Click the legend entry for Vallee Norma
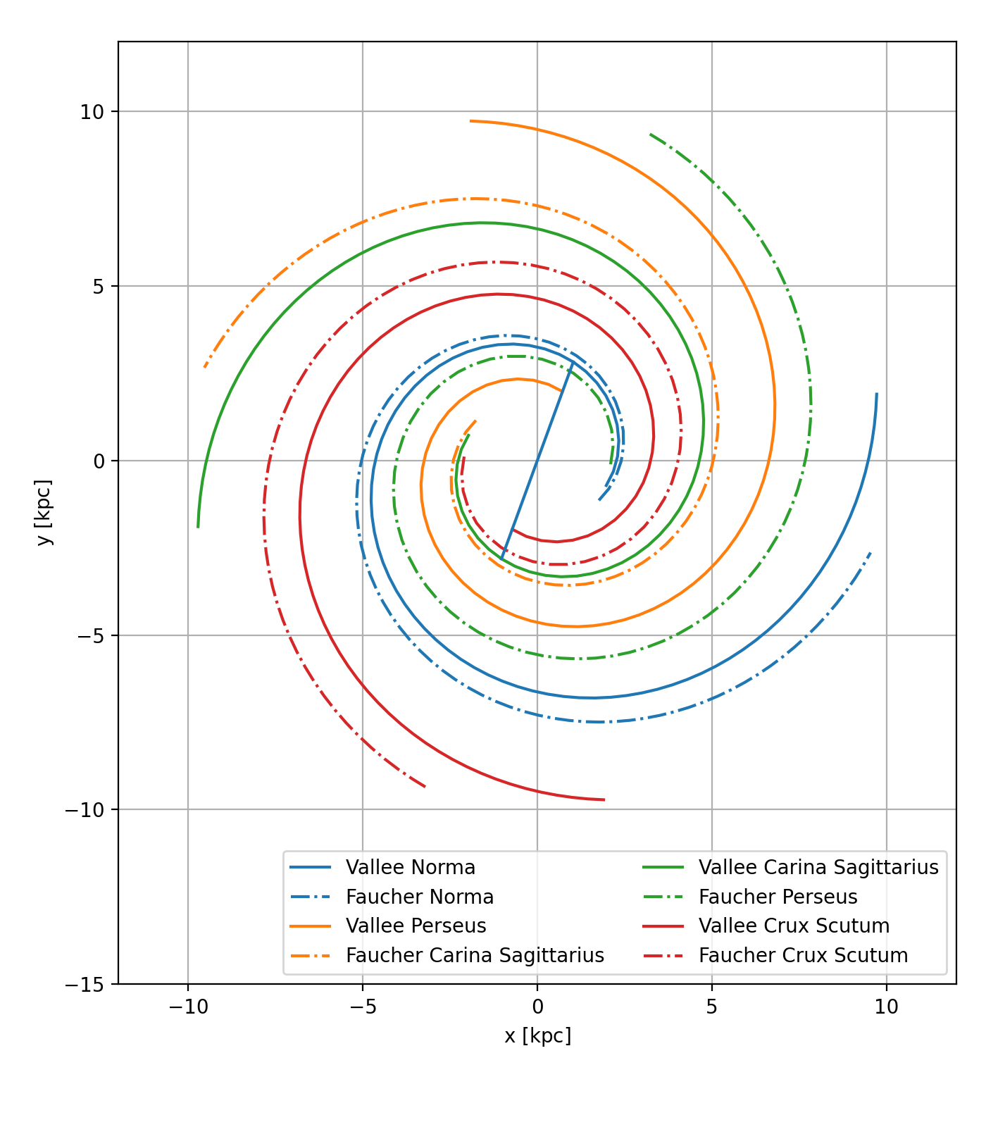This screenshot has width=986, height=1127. tap(410, 867)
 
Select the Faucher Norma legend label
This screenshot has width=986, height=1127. tap(419, 897)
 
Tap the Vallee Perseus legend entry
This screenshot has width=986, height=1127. tap(416, 926)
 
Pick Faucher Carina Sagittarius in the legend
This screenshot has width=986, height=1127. tap(475, 955)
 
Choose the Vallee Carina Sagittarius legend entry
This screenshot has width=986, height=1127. tap(818, 867)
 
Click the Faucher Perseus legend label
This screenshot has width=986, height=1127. tap(778, 897)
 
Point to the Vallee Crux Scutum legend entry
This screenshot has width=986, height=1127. tap(794, 926)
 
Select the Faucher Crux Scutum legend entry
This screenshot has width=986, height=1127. tap(803, 955)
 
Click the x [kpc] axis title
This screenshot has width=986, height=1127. tap(537, 1036)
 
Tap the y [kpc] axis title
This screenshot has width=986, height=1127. tap(44, 512)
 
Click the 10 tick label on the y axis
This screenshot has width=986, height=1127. tap(92, 112)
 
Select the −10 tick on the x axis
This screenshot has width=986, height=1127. tap(188, 1007)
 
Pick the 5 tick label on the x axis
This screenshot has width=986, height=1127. tap(712, 1007)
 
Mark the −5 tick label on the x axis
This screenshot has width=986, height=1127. tap(363, 1007)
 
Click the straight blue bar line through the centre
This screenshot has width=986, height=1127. tap(537, 461)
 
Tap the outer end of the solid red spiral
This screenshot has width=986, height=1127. tap(604, 799)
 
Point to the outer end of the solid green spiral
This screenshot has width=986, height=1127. tap(198, 527)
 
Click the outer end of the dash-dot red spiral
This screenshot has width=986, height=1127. tap(425, 787)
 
